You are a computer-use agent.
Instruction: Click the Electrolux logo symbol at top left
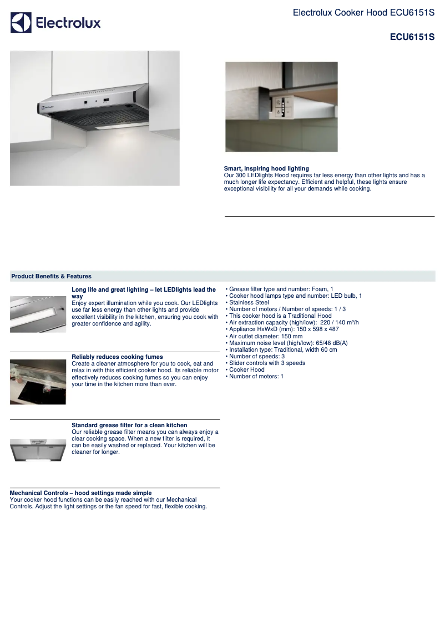pyautogui.click(x=21, y=23)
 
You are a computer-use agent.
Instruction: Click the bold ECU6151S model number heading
pyautogui.click(x=412, y=37)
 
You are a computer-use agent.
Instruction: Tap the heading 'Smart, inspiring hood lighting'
pyautogui.click(x=266, y=168)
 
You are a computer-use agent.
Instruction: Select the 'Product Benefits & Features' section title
pyautogui.click(x=51, y=276)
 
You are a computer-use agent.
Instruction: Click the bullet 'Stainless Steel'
pyautogui.click(x=249, y=303)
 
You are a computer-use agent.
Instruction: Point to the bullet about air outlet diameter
pyautogui.click(x=266, y=336)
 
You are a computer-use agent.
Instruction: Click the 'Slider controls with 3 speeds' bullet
pyautogui.click(x=267, y=363)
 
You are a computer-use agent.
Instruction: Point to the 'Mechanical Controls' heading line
pyautogui.click(x=80, y=493)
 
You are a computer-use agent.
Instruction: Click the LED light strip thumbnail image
pyautogui.click(x=38, y=314)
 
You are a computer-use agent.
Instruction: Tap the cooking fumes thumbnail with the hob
pyautogui.click(x=38, y=382)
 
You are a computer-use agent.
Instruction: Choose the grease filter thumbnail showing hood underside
pyautogui.click(x=38, y=449)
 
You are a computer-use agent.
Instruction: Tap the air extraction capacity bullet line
pyautogui.click(x=294, y=323)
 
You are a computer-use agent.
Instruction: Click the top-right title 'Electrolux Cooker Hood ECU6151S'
pyautogui.click(x=363, y=12)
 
